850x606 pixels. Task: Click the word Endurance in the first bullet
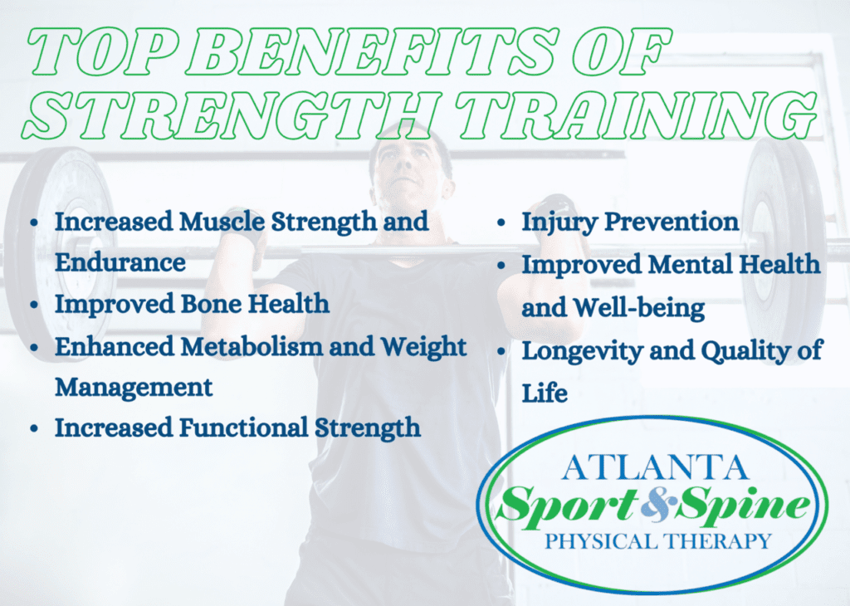pyautogui.click(x=120, y=262)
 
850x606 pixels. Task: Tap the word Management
pyautogui.click(x=134, y=387)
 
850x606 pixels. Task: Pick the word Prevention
pyautogui.click(x=673, y=222)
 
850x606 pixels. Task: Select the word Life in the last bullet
pyautogui.click(x=545, y=392)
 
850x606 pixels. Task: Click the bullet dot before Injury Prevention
pyautogui.click(x=503, y=223)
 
